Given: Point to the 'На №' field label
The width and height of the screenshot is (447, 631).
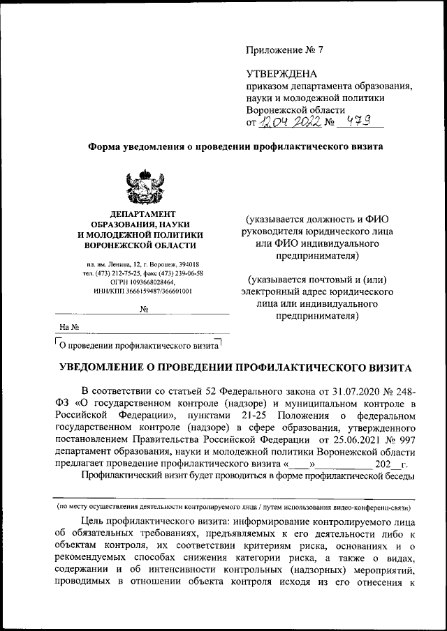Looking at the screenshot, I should [68, 326].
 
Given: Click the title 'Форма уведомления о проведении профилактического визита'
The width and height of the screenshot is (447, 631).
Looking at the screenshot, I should [235, 147].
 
